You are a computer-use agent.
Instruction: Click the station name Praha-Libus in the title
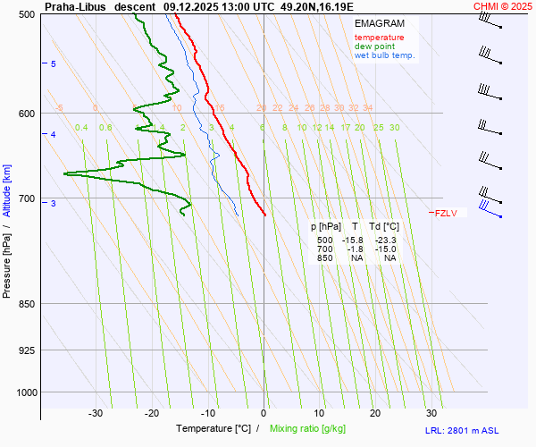75,6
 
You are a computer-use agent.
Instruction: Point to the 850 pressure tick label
26,304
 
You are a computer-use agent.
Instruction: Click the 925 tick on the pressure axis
26,350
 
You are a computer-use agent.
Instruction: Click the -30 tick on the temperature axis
96,413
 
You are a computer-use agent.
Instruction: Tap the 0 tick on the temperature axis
264,413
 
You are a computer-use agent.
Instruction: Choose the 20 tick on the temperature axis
375,413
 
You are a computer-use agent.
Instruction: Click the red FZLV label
446,213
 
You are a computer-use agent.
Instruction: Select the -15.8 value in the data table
354,240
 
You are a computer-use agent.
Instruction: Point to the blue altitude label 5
53,64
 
